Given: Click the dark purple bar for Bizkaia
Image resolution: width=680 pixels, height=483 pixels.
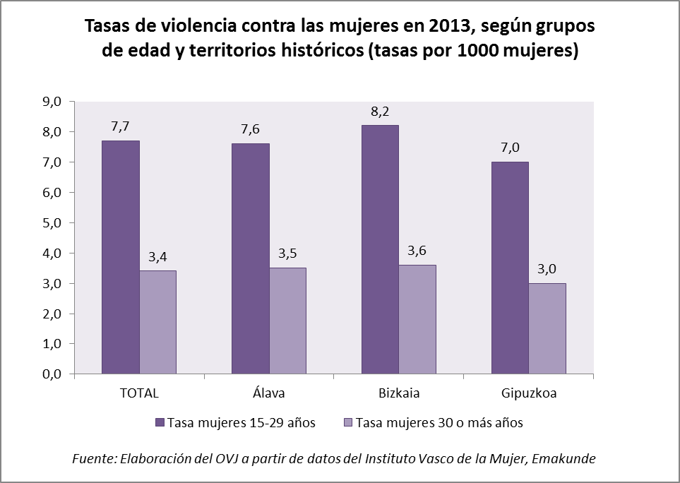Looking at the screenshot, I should tap(380, 249).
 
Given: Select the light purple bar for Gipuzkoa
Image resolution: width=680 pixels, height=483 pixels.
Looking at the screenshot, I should tap(547, 328).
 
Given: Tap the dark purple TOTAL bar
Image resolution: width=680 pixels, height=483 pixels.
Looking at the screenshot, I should tap(121, 257).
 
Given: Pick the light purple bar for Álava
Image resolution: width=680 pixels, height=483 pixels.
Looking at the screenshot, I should tap(287, 321).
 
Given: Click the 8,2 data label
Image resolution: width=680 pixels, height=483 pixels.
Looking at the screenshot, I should tap(380, 112).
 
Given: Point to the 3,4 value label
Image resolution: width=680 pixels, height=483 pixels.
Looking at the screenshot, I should tap(158, 257).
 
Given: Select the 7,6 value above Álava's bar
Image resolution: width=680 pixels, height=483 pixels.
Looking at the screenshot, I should tap(251, 130).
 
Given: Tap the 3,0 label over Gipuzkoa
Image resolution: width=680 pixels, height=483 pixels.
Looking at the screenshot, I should tap(547, 269).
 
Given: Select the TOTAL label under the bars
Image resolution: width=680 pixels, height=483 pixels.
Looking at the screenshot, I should tap(139, 393).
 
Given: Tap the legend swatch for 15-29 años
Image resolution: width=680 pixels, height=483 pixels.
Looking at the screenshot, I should tap(160, 423).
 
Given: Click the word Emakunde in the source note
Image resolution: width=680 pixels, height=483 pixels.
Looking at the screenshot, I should tap(566, 458).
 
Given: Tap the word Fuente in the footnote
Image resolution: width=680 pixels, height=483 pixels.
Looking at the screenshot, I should tap(94, 458).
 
